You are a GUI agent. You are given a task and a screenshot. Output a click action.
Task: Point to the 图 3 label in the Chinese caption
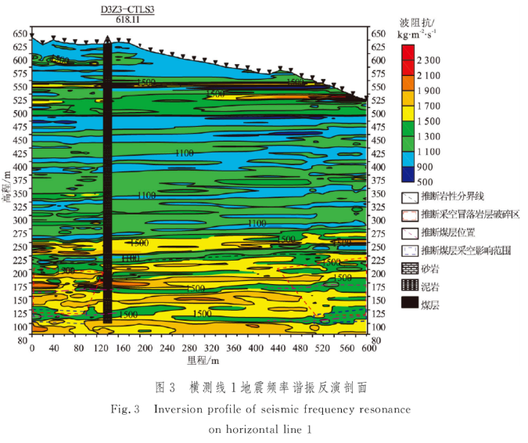[x=164, y=387]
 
